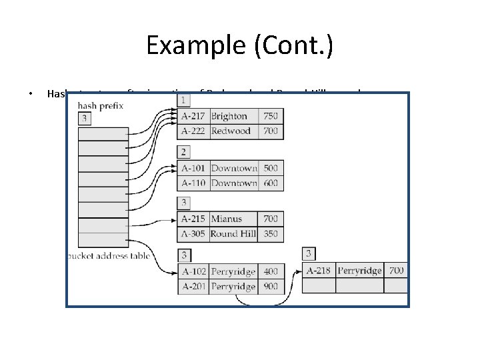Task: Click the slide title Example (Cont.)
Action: (x=239, y=45)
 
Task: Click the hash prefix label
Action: (x=101, y=105)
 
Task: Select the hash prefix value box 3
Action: (x=85, y=119)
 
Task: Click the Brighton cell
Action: (x=229, y=116)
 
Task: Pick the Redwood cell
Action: (x=231, y=131)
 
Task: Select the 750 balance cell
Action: (x=270, y=116)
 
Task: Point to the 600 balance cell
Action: (x=270, y=183)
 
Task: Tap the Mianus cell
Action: (x=227, y=219)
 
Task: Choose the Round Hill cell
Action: (x=233, y=233)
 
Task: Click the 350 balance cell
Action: (x=270, y=233)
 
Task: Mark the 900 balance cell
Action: (x=270, y=286)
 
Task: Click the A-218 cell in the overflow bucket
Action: (x=319, y=270)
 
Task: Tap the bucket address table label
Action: (x=110, y=256)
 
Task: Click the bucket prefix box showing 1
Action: (x=183, y=100)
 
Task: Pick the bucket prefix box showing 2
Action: (x=183, y=152)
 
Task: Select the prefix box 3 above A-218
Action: (x=309, y=253)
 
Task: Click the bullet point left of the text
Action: (x=31, y=94)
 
